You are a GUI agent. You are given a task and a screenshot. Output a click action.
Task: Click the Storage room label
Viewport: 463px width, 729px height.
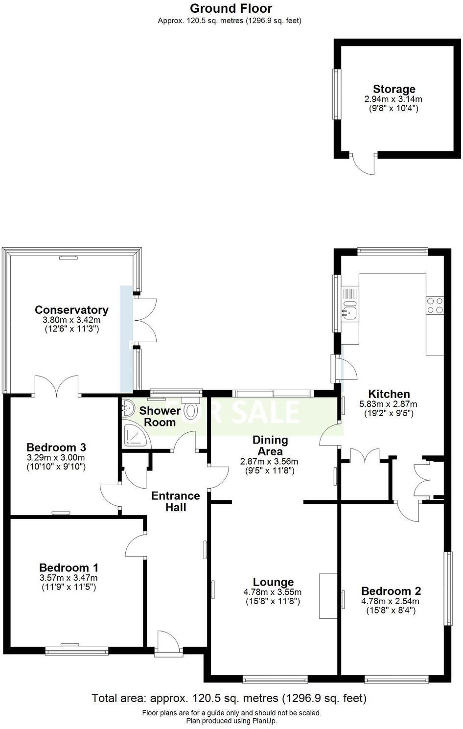(x=394, y=89)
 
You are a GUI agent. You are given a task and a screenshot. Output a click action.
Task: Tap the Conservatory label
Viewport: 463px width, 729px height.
(x=71, y=310)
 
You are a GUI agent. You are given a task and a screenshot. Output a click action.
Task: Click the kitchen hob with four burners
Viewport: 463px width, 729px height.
(x=435, y=306)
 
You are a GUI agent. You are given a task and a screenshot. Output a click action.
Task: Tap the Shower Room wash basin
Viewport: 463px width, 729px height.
(x=128, y=405)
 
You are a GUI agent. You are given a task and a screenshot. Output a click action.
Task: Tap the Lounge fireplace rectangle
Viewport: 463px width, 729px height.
(x=328, y=596)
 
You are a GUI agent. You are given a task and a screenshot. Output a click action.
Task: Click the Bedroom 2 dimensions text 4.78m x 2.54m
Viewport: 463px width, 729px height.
(x=390, y=601)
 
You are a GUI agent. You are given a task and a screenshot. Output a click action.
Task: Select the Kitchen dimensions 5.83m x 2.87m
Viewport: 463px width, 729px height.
(x=388, y=404)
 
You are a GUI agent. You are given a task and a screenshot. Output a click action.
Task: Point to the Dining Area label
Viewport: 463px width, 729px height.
(x=270, y=446)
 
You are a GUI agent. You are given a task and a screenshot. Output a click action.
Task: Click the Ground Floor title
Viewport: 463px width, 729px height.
(x=231, y=8)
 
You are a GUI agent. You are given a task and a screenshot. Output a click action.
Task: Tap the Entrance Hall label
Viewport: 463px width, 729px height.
(x=175, y=501)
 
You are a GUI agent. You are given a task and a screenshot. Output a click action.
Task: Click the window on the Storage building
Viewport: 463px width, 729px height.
(x=336, y=94)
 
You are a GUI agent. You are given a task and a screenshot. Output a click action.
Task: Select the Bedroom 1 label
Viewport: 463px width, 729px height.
(x=69, y=567)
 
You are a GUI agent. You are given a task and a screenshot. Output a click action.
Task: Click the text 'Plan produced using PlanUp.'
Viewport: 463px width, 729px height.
(x=231, y=721)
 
